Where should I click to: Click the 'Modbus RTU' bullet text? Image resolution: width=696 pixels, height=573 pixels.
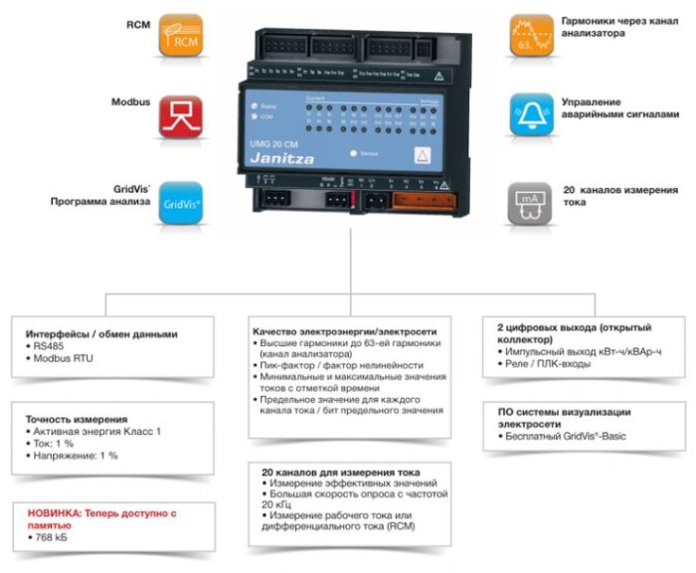pyautogui.click(x=62, y=358)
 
